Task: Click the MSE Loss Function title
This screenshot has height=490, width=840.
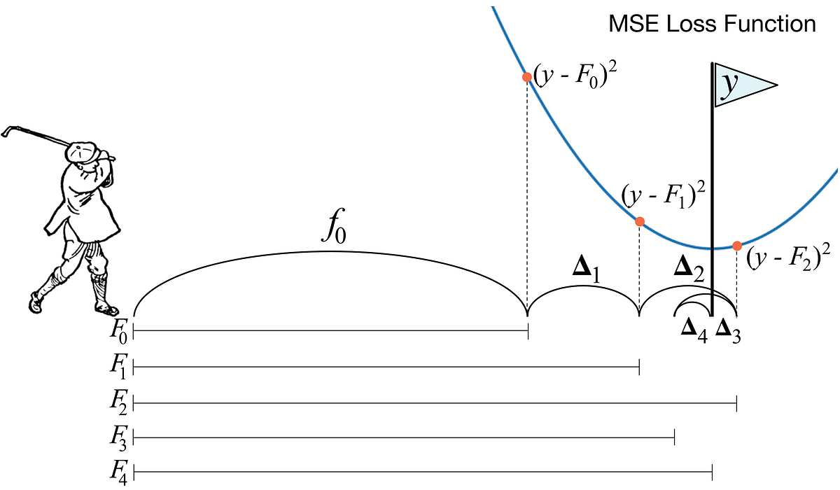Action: (713, 25)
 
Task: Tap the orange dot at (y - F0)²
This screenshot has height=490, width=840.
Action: (526, 77)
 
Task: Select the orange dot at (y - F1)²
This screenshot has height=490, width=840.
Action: (639, 221)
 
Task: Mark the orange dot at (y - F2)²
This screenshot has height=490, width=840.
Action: (736, 245)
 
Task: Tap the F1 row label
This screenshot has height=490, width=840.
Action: (118, 366)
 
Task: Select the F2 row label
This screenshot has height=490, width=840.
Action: (118, 402)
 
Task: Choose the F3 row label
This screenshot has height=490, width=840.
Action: (118, 439)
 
